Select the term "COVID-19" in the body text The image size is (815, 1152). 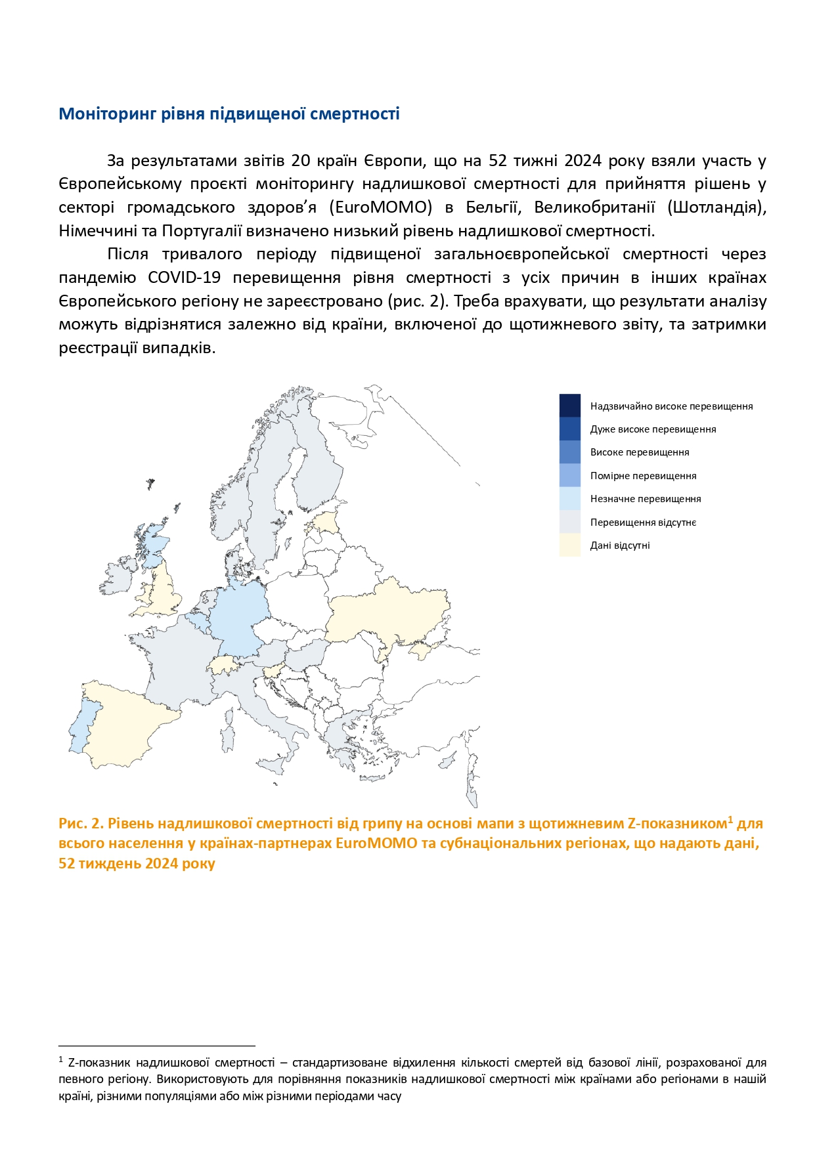tap(184, 278)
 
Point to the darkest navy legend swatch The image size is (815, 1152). tap(569, 405)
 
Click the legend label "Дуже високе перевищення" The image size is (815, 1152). tap(653, 429)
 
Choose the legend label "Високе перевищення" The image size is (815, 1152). tap(640, 452)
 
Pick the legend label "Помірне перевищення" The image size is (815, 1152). tap(643, 476)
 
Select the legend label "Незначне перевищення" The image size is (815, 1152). tap(646, 499)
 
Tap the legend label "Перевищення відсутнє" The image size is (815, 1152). tap(643, 523)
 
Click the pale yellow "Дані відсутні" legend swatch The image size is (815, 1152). tap(569, 545)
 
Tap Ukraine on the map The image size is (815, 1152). tap(387, 610)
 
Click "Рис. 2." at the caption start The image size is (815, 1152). tap(81, 824)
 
